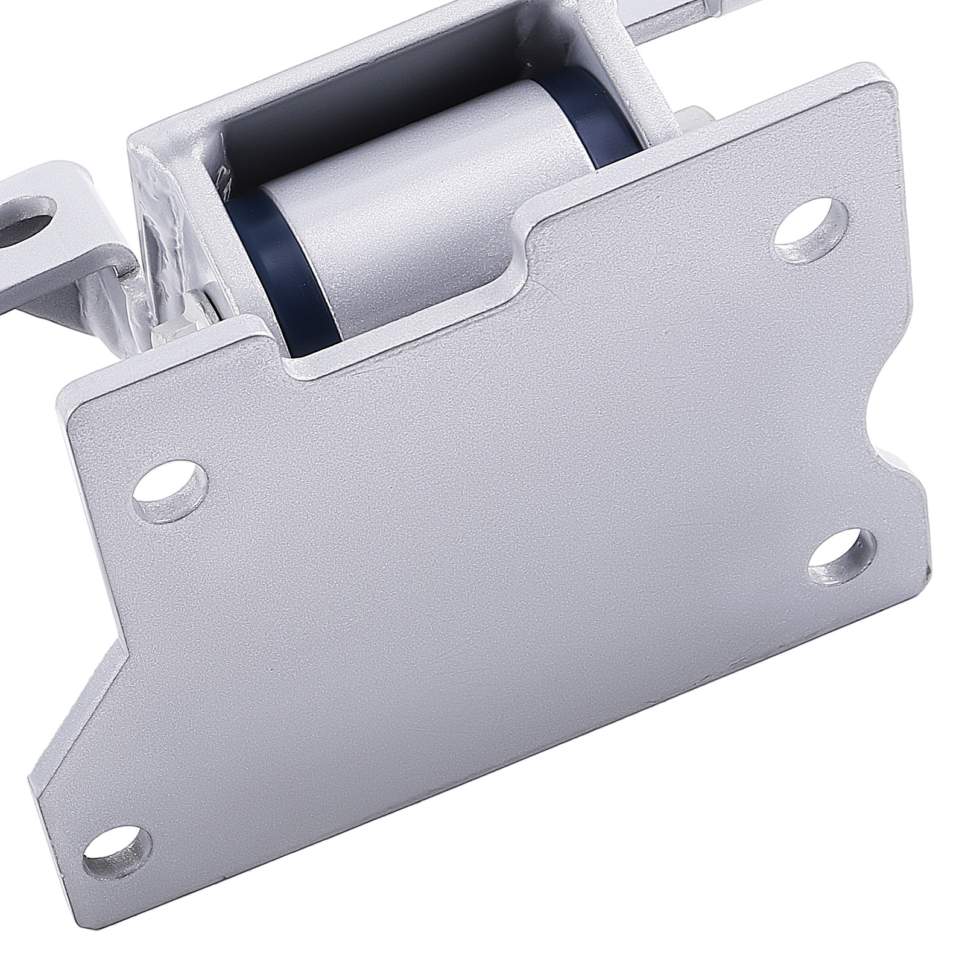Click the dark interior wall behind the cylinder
374,78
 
